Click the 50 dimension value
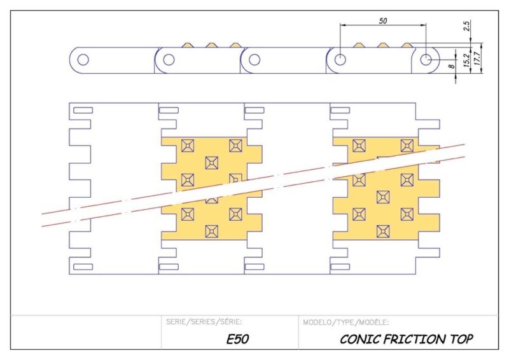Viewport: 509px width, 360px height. point(383,21)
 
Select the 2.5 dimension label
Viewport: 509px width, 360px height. point(468,26)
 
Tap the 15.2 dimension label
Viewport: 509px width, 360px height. point(468,60)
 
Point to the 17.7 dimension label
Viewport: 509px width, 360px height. point(477,60)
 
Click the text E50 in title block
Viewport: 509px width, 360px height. point(237,339)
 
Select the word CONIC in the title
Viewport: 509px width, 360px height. point(358,339)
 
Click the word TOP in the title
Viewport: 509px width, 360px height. point(461,339)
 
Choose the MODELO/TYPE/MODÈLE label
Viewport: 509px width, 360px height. point(346,322)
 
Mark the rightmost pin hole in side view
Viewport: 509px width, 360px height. point(426,60)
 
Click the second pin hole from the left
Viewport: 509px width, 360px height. point(169,60)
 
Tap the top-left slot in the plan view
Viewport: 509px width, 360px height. point(83,111)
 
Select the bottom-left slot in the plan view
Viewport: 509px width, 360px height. point(83,267)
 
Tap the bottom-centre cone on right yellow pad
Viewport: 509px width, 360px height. point(382,230)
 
